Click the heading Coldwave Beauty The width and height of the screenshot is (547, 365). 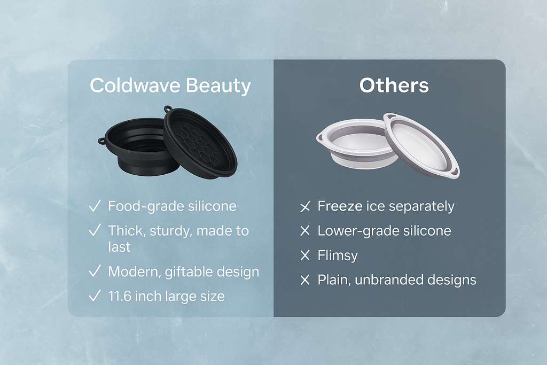pos(170,86)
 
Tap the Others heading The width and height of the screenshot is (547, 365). pos(394,86)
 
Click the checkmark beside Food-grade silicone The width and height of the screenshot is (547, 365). pos(95,207)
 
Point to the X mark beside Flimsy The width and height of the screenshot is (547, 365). pos(305,256)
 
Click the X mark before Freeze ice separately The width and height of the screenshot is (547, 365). pos(305,207)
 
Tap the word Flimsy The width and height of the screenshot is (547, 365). pos(337,256)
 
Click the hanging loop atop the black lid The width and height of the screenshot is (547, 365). pos(169,110)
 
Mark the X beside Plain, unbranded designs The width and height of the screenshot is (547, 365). pos(305,280)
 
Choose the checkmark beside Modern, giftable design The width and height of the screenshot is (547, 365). pos(95,272)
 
